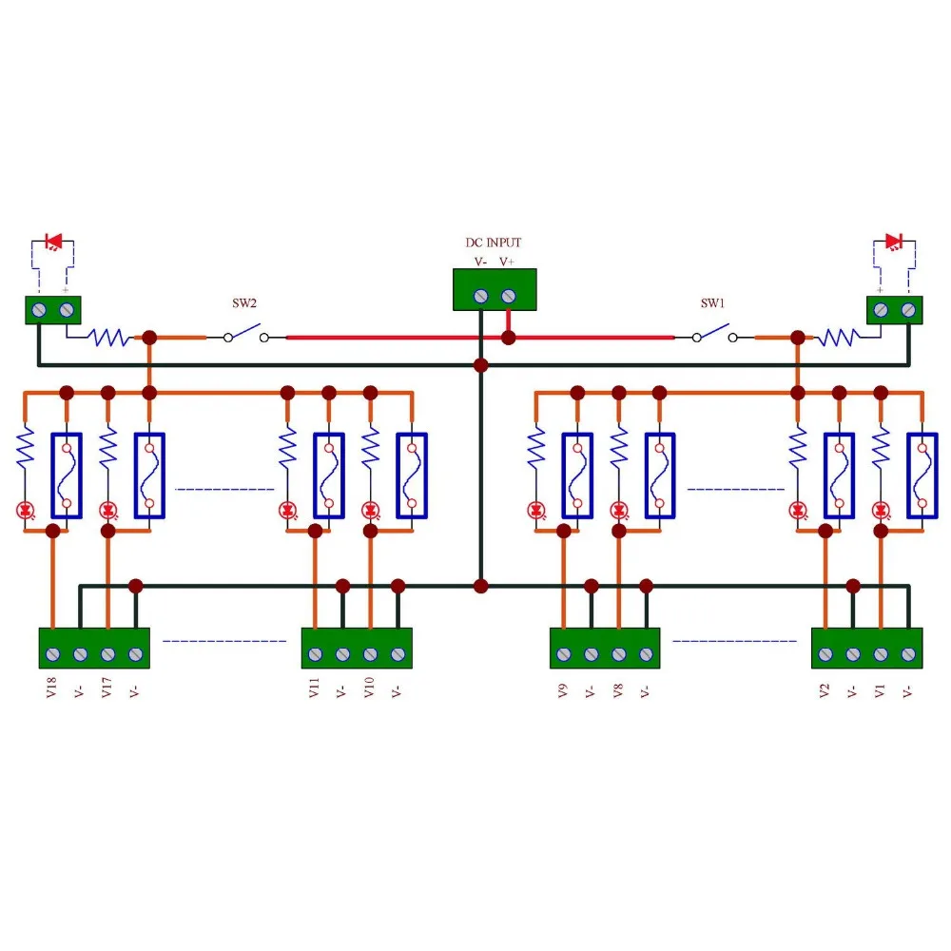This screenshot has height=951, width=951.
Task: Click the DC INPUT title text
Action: (x=493, y=243)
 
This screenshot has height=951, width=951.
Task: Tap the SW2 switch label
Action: (x=244, y=303)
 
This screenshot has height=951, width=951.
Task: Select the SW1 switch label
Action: (x=712, y=303)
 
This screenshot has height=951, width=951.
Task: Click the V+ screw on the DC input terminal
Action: (x=508, y=296)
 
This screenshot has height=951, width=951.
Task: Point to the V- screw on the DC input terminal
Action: (x=481, y=296)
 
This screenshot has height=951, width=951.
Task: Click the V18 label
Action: (x=51, y=688)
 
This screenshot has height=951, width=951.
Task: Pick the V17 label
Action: (x=107, y=688)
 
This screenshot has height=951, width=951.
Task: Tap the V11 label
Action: (x=314, y=688)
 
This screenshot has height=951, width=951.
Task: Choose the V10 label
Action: (x=369, y=688)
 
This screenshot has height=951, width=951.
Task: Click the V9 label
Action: (x=562, y=690)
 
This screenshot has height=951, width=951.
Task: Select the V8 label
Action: (x=617, y=690)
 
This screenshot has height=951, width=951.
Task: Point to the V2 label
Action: (x=824, y=690)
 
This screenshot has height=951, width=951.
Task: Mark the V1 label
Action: (x=880, y=690)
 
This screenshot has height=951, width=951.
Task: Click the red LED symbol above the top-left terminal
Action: (x=54, y=242)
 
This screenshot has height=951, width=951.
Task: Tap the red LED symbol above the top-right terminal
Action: (x=893, y=242)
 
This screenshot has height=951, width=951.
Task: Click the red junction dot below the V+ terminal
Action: (x=508, y=338)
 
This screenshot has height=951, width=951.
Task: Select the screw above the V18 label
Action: (x=52, y=654)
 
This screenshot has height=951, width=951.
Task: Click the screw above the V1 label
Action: (x=881, y=654)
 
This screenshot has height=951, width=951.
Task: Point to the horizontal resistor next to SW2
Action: (x=109, y=338)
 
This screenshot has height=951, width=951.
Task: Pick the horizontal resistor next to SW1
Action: (x=840, y=338)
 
